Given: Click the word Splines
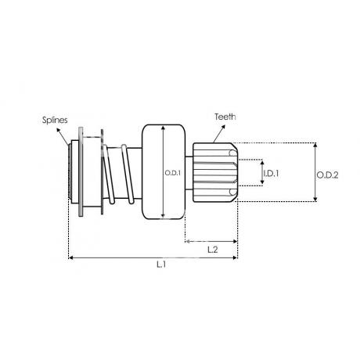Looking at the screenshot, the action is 55,120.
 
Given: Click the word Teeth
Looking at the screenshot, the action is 225,117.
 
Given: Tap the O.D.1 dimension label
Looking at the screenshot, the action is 172,173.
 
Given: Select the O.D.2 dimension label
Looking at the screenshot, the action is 327,175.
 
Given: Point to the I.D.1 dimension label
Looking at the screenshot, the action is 271,173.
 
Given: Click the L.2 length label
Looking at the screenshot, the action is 213,250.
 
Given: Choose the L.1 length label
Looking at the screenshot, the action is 161,265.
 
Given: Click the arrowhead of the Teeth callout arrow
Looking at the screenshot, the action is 223,127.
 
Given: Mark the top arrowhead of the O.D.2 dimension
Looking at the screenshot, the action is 315,145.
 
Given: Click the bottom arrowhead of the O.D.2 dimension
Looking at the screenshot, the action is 315,200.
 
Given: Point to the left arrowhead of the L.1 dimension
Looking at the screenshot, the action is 70,257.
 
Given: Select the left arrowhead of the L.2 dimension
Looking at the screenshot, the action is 187,241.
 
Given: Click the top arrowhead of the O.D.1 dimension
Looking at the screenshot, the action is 164,128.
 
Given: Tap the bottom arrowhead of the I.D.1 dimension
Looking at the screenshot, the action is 262,182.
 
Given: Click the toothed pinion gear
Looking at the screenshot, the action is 215,172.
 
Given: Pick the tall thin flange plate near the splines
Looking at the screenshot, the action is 81,171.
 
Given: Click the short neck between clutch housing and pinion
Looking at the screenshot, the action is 189,173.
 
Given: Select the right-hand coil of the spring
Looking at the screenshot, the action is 128,174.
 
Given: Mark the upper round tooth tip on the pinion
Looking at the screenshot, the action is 232,153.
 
